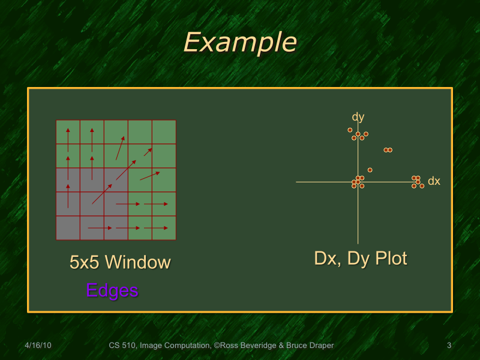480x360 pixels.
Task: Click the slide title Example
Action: [x=239, y=43]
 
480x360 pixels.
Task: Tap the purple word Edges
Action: [x=112, y=290]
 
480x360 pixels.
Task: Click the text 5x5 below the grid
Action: [x=82, y=262]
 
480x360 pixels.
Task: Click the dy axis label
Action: [x=358, y=117]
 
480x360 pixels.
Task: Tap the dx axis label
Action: [x=434, y=181]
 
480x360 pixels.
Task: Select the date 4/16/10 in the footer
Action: [x=38, y=346]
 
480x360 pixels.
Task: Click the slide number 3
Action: [x=449, y=346]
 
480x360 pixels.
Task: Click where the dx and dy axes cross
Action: [x=358, y=182]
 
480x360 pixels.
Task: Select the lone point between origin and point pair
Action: [x=370, y=170]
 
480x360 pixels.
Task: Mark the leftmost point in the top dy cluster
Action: [x=350, y=130]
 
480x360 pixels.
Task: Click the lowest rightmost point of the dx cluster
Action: [x=422, y=186]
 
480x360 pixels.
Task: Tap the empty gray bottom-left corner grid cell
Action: [x=68, y=228]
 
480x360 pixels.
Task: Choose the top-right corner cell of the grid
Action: [x=164, y=132]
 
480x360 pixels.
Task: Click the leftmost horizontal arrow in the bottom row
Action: [x=100, y=228]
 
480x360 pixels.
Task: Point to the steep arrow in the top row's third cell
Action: [x=120, y=148]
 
